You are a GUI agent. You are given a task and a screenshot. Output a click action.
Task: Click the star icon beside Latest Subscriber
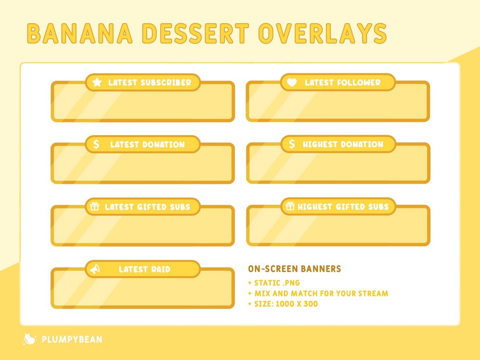tap(97, 82)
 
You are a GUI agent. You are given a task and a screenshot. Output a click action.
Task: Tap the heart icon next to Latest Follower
tap(292, 82)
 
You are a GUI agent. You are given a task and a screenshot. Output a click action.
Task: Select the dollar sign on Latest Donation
tap(96, 144)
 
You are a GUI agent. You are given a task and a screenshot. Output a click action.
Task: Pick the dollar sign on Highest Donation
tap(292, 144)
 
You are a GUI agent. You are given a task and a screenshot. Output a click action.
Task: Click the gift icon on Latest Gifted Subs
tap(94, 207)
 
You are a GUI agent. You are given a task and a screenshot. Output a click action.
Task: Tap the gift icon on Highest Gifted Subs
tap(290, 206)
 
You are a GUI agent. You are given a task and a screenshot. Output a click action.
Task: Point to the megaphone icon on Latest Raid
tap(94, 270)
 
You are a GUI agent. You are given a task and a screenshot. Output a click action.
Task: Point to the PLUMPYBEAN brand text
tap(72, 340)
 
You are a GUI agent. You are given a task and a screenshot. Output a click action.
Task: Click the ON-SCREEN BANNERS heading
tap(294, 269)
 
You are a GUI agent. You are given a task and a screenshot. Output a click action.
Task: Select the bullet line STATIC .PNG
tap(277, 283)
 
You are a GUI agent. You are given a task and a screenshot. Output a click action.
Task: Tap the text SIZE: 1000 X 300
tap(286, 304)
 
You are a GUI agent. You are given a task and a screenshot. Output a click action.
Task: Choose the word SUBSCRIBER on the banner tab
tap(166, 83)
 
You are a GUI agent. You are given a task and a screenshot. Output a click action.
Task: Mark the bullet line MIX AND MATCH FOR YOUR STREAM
tap(321, 294)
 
